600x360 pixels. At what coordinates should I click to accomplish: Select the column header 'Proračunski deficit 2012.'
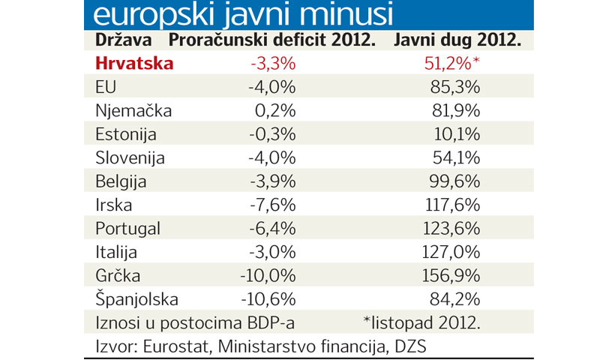[271, 40]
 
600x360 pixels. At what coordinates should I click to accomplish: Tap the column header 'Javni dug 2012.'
[458, 40]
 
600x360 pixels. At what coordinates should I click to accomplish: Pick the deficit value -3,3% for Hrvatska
[271, 64]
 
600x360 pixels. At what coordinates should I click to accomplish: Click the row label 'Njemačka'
[133, 111]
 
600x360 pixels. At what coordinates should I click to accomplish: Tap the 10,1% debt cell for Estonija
[456, 135]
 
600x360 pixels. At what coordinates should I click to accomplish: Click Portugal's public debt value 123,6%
[452, 229]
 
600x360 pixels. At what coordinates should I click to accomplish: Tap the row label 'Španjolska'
[137, 300]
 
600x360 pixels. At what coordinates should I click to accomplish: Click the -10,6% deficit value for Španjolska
[268, 300]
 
